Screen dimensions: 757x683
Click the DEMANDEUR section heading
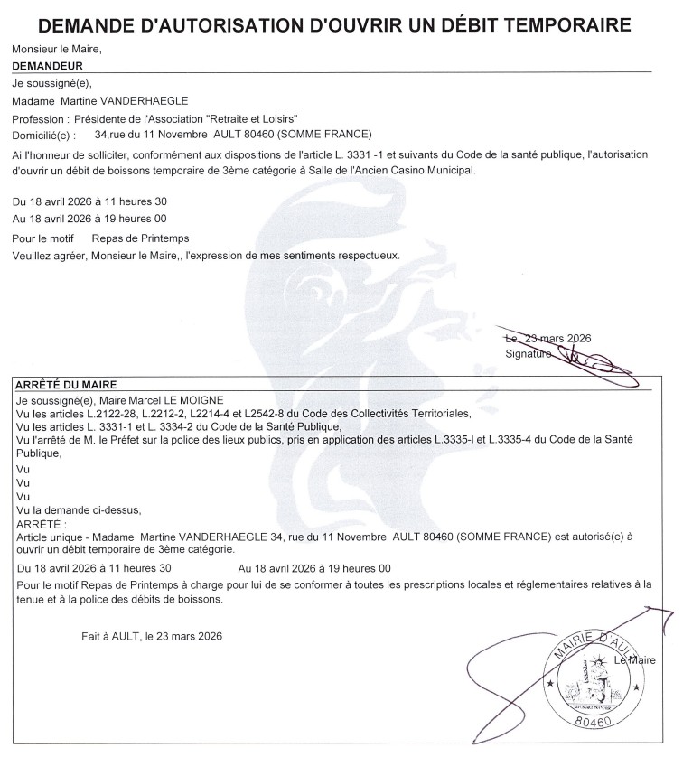click(49, 66)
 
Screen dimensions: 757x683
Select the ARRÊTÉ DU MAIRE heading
click(66, 384)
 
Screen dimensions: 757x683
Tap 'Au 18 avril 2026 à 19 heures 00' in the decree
click(313, 568)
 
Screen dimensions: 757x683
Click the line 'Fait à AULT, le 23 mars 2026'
click(151, 635)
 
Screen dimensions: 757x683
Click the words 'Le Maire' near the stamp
click(634, 661)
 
